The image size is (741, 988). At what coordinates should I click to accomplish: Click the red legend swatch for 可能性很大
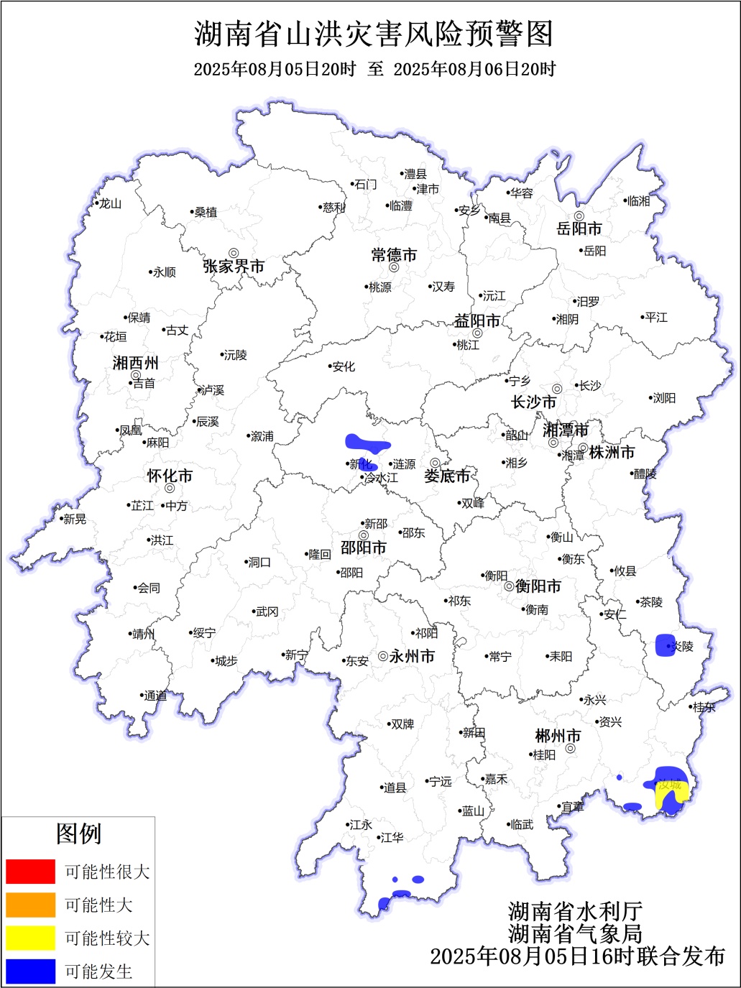click(x=30, y=872)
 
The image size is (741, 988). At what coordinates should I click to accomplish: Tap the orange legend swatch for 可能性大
click(x=30, y=905)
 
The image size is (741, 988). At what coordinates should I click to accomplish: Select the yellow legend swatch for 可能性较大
click(x=30, y=938)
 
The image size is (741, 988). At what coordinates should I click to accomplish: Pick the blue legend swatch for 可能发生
click(x=30, y=971)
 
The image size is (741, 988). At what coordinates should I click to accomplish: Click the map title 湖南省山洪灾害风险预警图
click(x=374, y=34)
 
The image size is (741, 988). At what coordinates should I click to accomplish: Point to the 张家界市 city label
click(x=234, y=267)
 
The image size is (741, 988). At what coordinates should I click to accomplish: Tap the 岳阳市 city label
click(x=579, y=229)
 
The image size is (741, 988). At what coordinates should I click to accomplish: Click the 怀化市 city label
click(x=170, y=476)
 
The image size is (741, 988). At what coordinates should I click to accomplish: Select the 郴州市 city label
click(x=558, y=737)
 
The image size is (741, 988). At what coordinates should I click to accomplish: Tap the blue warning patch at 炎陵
click(x=666, y=645)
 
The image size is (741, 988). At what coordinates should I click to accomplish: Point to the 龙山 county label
click(x=110, y=203)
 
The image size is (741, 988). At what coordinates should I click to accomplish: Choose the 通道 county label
click(x=155, y=696)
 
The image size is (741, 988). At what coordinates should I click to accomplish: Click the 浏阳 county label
click(x=664, y=397)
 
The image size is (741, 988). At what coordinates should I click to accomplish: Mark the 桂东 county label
click(x=704, y=707)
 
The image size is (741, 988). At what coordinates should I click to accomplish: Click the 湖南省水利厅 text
click(x=575, y=911)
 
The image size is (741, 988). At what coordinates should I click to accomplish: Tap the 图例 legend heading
click(x=79, y=834)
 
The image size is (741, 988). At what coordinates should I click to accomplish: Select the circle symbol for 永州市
click(x=383, y=656)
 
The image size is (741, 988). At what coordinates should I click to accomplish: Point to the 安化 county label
click(x=344, y=366)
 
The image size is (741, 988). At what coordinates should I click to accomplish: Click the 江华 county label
click(x=392, y=837)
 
